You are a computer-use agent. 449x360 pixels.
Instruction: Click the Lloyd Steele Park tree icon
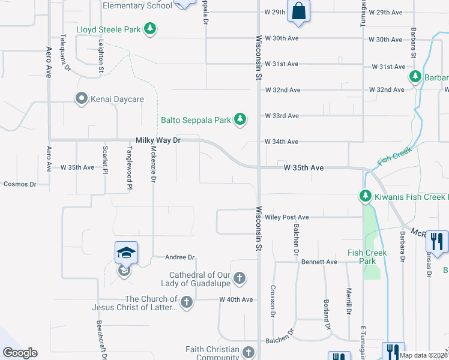151,29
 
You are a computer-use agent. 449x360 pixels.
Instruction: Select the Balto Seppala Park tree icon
240,120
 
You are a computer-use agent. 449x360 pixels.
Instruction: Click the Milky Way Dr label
158,139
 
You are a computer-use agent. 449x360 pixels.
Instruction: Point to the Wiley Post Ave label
287,217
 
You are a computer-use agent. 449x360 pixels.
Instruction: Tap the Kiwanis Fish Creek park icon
365,196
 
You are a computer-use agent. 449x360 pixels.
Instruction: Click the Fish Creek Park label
367,257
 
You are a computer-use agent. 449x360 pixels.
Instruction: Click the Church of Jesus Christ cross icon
187,302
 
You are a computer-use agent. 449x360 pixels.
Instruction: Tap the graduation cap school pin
127,253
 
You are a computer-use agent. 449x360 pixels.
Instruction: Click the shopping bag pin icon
298,11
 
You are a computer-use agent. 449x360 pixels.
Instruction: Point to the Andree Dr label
181,257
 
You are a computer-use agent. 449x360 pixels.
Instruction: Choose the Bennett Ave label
319,262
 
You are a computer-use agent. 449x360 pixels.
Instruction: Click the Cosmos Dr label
19,184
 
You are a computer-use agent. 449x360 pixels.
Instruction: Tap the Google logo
20,353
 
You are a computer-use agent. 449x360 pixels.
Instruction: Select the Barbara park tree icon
415,77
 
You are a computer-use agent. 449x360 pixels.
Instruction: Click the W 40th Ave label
236,299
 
